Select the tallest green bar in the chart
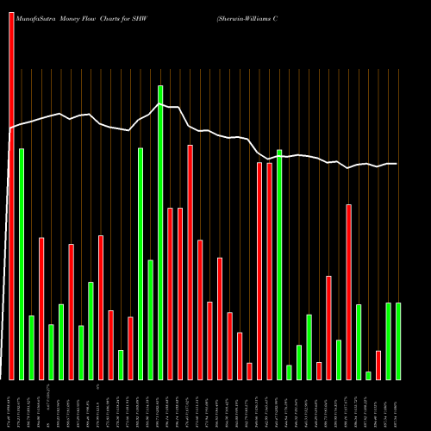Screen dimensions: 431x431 [160, 233]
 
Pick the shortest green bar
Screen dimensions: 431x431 [368, 375]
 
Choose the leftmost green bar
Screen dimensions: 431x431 [22, 264]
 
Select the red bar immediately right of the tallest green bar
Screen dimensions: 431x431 [170, 293]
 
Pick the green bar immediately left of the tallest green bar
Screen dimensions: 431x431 [150, 319]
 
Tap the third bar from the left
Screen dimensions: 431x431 [31, 347]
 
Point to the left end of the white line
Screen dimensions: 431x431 [10, 128]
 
